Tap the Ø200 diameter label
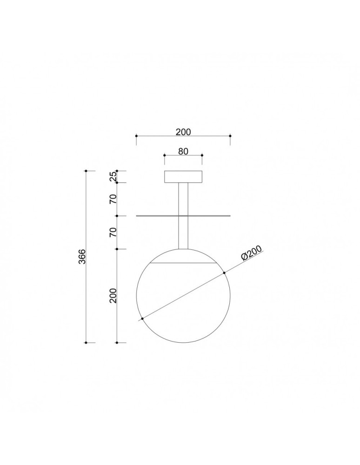(252, 255)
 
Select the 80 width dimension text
(183, 151)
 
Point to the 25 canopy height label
(113, 176)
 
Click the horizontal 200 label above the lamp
(183, 132)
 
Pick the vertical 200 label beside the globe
(113, 295)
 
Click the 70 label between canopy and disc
(113, 199)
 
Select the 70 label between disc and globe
(113, 232)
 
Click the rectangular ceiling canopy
(183, 177)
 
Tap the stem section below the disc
(183, 232)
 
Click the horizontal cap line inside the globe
(183, 263)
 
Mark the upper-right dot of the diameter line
(224, 272)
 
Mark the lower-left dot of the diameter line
(142, 319)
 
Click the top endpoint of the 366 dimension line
(86, 171)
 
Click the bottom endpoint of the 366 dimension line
(86, 343)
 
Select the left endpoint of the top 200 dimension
(136, 136)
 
